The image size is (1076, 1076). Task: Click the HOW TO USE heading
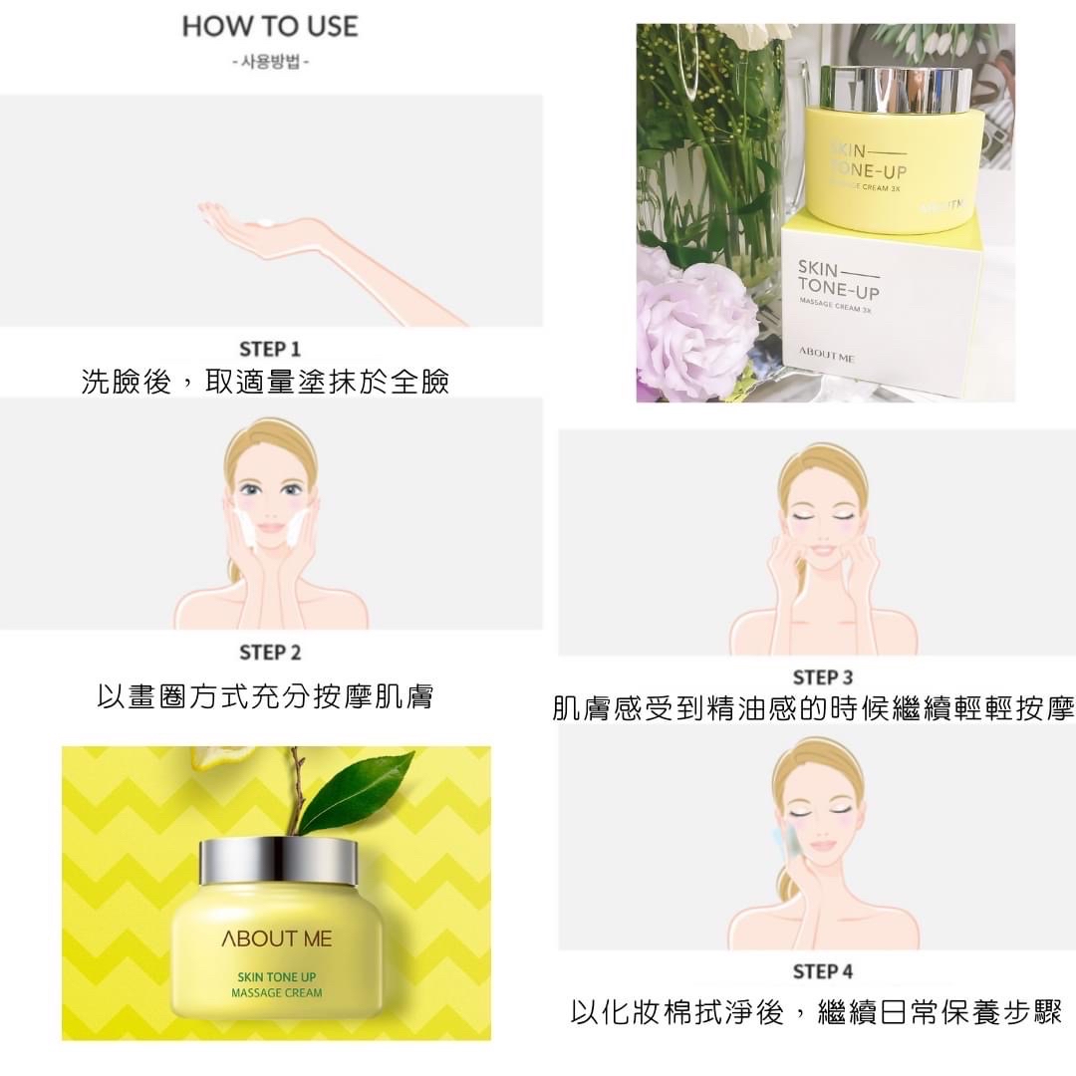click(270, 27)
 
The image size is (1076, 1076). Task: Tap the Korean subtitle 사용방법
click(270, 63)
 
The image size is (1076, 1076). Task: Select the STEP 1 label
click(270, 350)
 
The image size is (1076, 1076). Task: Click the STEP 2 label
click(270, 652)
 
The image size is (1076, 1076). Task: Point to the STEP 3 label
click(823, 677)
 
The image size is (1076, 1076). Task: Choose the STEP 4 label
click(823, 971)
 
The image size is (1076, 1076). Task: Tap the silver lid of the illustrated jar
click(278, 861)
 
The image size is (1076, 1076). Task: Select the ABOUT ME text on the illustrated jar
click(277, 939)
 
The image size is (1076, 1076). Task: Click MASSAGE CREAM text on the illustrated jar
click(277, 993)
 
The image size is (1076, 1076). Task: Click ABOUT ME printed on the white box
click(826, 355)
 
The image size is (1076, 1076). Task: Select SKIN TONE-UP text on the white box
click(838, 279)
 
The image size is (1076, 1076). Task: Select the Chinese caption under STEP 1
click(266, 382)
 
